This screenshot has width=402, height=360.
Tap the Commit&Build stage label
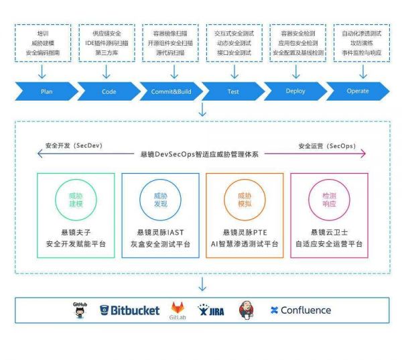[171, 91]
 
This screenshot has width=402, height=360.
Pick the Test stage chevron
[232, 91]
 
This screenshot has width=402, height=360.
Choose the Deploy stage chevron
[295, 91]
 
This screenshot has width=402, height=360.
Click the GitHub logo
[80, 310]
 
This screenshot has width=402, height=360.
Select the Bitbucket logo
[130, 310]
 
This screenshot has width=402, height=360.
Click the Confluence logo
[300, 310]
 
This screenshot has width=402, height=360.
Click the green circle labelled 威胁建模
[76, 199]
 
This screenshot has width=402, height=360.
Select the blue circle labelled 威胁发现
[160, 199]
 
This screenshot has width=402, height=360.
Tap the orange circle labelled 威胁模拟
[245, 199]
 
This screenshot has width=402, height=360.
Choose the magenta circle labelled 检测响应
[329, 199]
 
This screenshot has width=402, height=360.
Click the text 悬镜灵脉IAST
[160, 231]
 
